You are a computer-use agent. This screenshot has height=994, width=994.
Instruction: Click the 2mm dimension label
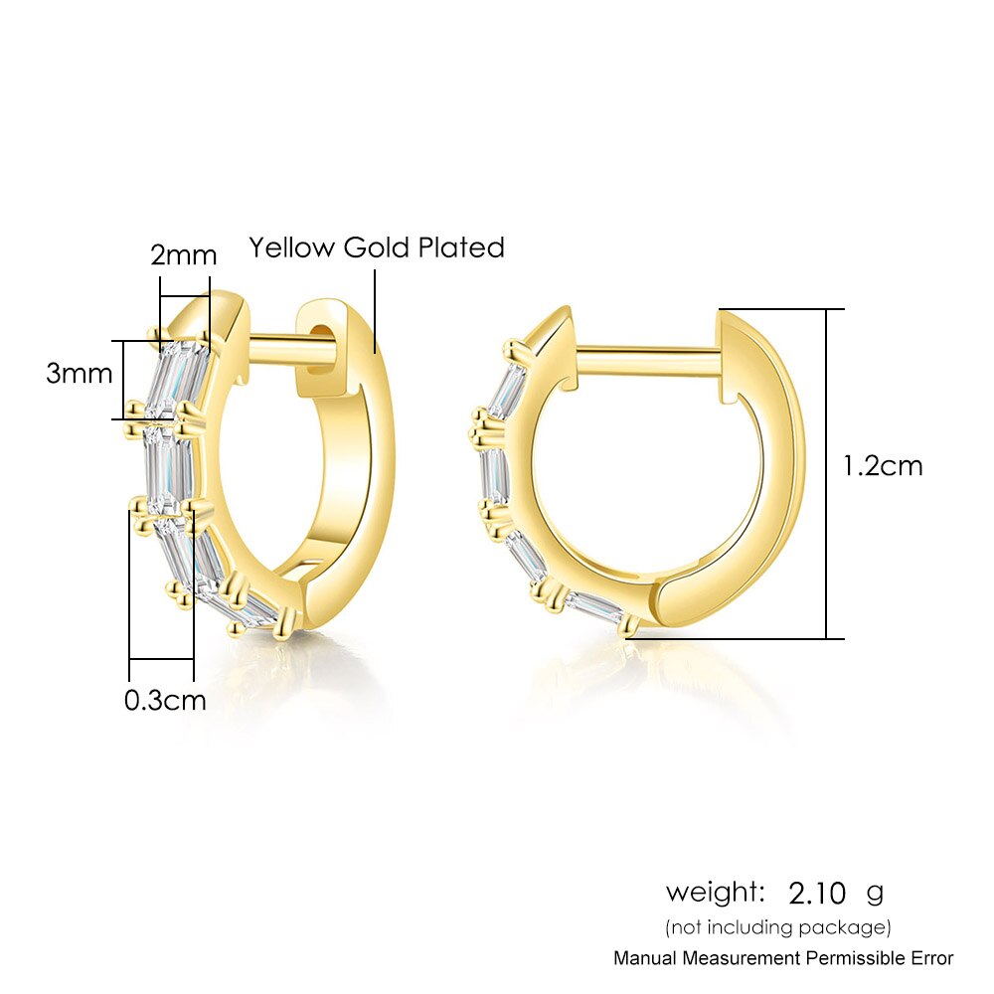[x=183, y=255]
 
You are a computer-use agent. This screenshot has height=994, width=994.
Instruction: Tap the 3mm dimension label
[x=79, y=373]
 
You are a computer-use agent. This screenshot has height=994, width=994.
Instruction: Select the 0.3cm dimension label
[x=165, y=701]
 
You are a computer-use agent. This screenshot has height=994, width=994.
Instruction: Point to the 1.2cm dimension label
[x=883, y=466]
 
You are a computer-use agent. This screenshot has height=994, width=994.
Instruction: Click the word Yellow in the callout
[x=291, y=248]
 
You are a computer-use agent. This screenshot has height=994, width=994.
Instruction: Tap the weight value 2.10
[x=817, y=894]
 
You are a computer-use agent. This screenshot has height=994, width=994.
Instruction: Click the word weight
[x=715, y=893]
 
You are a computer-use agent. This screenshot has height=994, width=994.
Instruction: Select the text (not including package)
[x=778, y=927]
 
